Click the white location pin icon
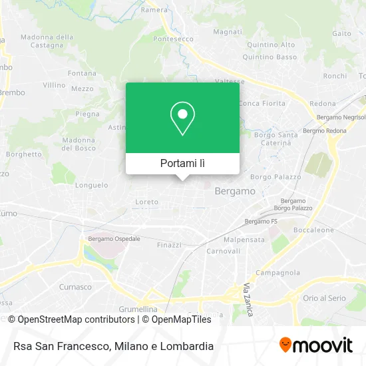click(182, 118)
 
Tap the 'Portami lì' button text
click(182, 163)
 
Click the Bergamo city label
click(235, 191)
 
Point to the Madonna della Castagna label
click(47, 41)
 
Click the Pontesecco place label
click(172, 39)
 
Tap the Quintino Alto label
click(271, 45)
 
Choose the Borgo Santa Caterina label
click(275, 138)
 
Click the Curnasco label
click(76, 287)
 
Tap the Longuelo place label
click(92, 185)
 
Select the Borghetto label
click(24, 153)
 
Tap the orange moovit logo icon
click(285, 345)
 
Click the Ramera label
click(154, 9)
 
